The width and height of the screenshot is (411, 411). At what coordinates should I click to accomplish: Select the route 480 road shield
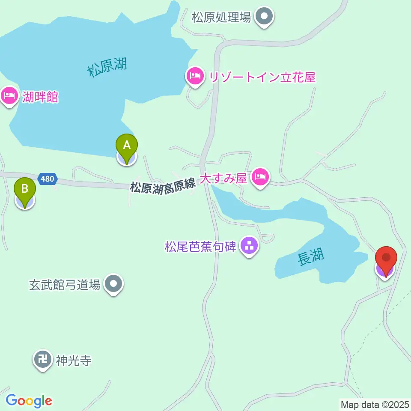(47, 179)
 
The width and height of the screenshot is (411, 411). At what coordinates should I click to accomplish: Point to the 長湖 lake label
(311, 257)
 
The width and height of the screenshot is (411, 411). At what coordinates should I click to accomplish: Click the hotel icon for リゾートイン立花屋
(195, 77)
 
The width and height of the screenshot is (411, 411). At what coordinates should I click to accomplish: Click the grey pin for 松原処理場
(264, 17)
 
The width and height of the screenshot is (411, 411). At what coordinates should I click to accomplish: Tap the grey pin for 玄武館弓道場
(113, 283)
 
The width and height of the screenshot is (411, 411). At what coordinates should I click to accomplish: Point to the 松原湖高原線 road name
(163, 187)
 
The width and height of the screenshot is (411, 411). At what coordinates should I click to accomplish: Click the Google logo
(29, 401)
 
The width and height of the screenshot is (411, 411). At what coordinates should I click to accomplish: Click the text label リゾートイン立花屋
(262, 77)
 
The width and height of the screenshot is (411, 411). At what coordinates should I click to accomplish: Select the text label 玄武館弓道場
(65, 284)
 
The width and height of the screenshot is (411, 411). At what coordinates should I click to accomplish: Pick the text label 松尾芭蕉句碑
(200, 247)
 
